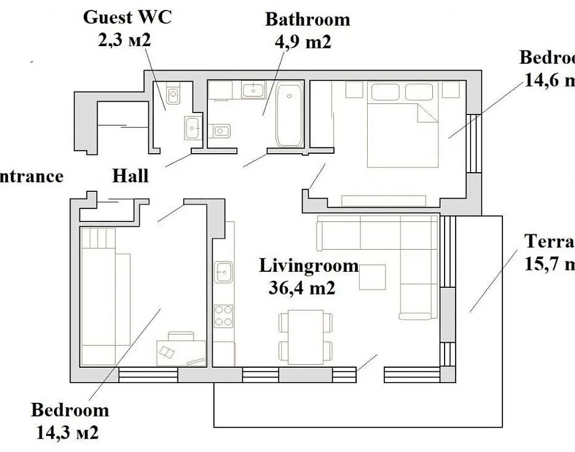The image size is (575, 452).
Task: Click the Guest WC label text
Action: [x=127, y=17]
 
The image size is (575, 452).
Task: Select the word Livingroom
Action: [x=308, y=266]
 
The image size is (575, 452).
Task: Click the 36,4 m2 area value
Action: [x=302, y=288]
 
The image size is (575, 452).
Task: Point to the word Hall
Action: [x=130, y=176]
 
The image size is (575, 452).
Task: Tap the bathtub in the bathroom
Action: [x=289, y=116]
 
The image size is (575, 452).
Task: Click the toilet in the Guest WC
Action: [x=173, y=96]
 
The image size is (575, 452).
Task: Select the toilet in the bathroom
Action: [x=221, y=130]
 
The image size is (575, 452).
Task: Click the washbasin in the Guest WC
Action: [x=192, y=129]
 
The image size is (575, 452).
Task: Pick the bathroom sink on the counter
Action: [x=253, y=91]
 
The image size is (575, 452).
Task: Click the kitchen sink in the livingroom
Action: [x=223, y=271]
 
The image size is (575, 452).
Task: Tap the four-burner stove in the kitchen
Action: [x=223, y=315]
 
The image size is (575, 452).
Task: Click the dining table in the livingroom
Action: [x=306, y=336]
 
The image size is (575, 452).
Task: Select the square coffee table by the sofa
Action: [x=373, y=277]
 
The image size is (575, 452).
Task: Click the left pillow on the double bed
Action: [x=385, y=92]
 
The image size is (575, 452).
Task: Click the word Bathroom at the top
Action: [x=307, y=19]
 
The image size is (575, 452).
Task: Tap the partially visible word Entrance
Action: [x=31, y=176]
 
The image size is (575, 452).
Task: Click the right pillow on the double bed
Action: [x=419, y=92]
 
